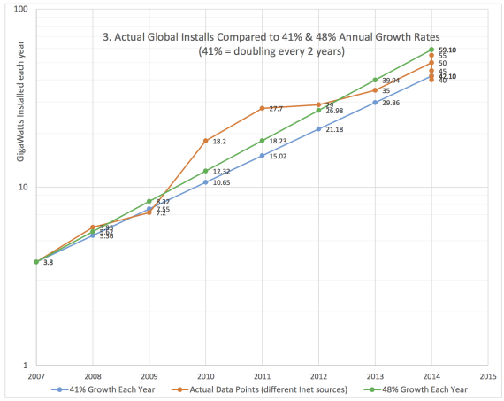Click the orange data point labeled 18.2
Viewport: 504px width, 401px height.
tap(205, 141)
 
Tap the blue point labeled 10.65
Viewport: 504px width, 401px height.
tap(205, 182)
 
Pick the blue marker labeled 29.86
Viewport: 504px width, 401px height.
tap(375, 103)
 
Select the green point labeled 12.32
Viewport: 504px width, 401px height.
tap(205, 171)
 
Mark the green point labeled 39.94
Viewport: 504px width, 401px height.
tap(375, 80)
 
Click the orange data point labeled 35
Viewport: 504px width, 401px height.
tap(375, 90)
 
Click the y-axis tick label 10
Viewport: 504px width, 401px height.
tap(24, 188)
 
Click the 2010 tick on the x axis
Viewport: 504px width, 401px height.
tap(205, 376)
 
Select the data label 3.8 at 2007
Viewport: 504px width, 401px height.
tap(48, 263)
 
